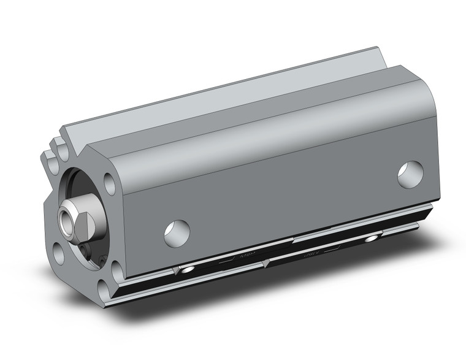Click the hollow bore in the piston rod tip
(66, 218)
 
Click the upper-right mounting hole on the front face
(110, 182)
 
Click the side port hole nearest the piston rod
(177, 232)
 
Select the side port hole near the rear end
(410, 174)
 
